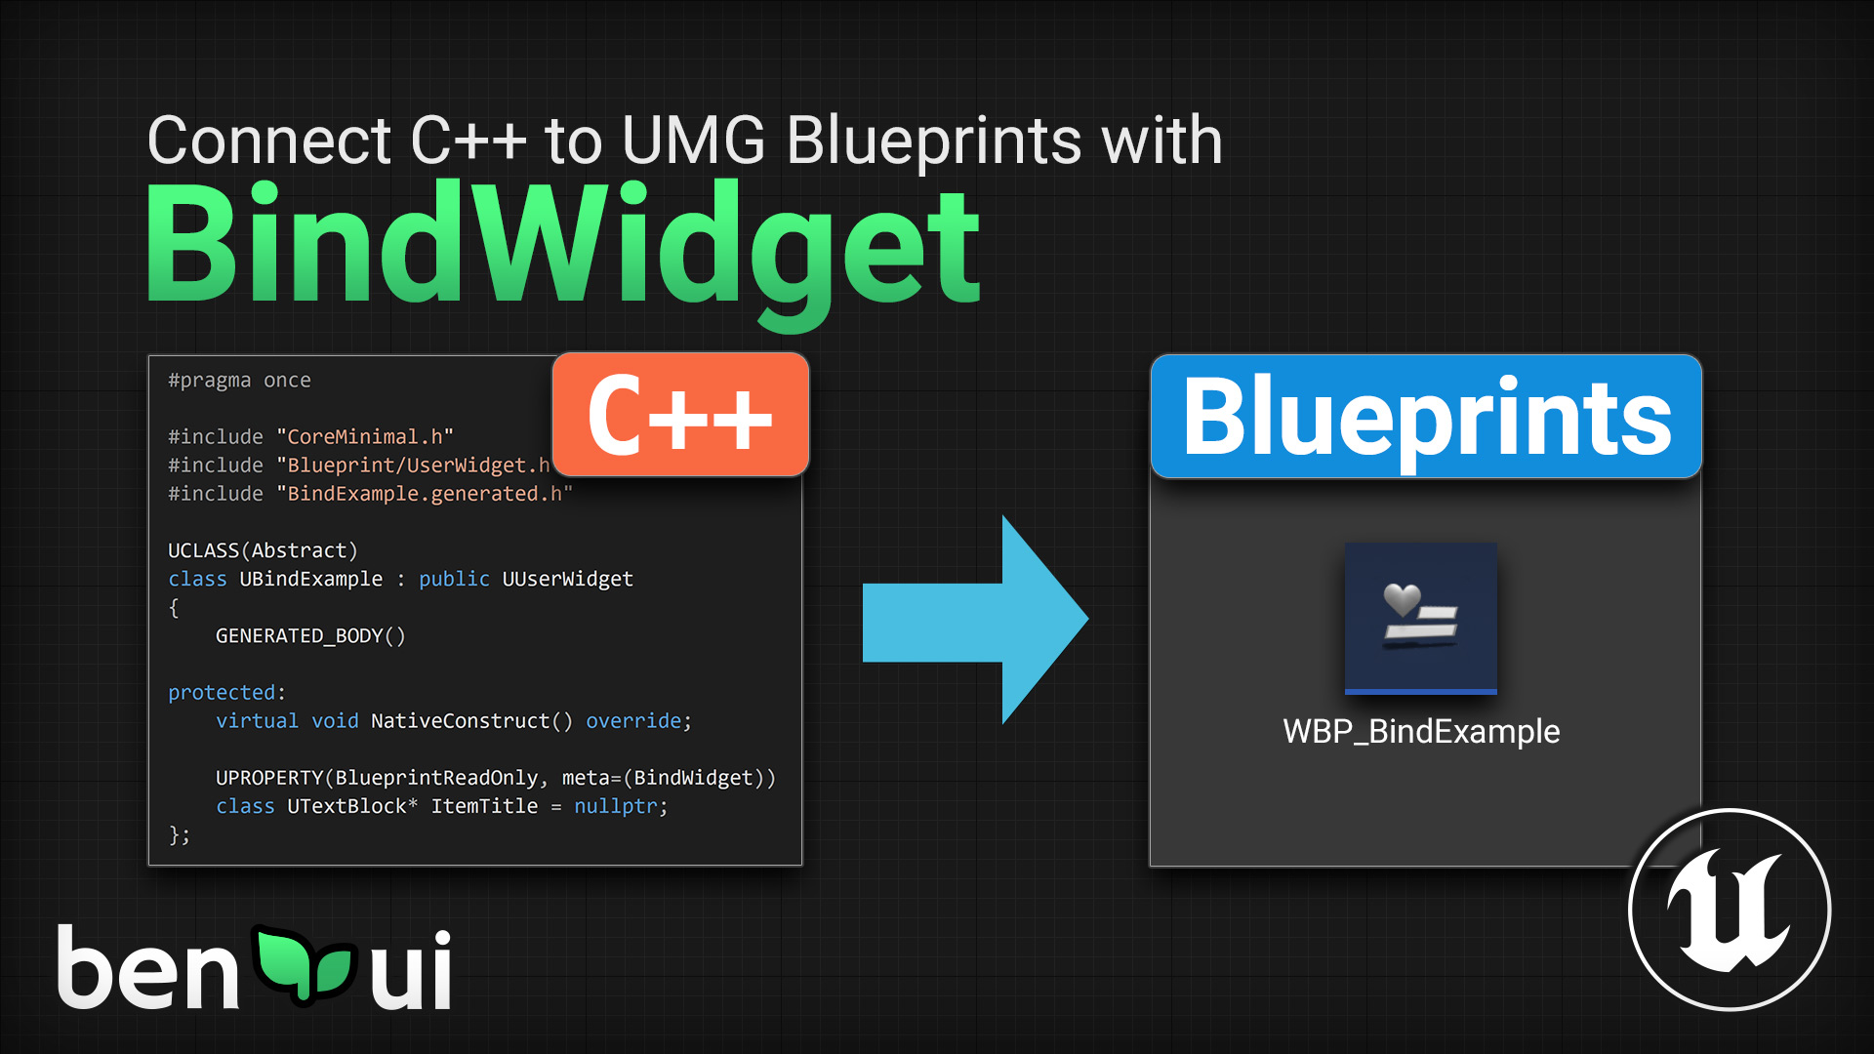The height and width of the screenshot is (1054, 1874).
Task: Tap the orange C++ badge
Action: (680, 416)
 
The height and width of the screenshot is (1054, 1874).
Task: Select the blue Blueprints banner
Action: (1426, 417)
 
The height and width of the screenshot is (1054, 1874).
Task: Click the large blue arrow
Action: (976, 620)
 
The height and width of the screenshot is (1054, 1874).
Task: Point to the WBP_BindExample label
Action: (1421, 732)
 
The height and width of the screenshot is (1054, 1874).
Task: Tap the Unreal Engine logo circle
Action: (1730, 910)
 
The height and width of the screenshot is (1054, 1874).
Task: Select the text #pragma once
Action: (239, 381)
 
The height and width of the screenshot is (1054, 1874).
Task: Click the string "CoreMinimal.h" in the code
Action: (365, 437)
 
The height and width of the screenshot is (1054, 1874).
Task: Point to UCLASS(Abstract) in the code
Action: (263, 551)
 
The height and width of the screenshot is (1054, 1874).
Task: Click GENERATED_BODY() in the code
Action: (310, 636)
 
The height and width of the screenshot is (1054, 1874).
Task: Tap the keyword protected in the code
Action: (222, 693)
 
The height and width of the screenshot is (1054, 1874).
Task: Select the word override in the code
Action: (633, 721)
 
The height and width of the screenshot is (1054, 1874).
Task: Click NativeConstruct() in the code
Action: (471, 721)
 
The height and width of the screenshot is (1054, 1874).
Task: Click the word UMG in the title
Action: (693, 141)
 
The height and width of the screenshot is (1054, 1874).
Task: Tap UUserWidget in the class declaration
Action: (567, 580)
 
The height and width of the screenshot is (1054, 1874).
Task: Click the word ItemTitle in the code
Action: (484, 807)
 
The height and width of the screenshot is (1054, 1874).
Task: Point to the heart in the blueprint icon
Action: (1402, 598)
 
